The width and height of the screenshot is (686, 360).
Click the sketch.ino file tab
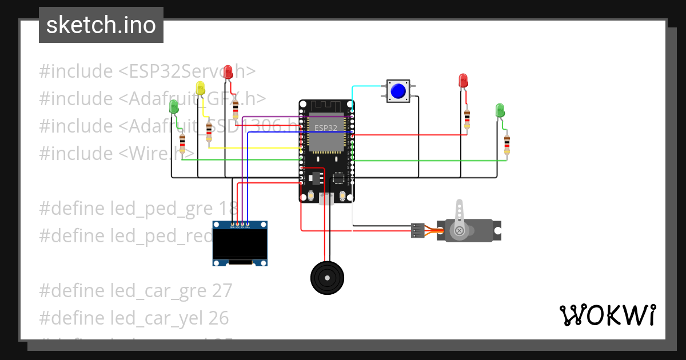(101, 25)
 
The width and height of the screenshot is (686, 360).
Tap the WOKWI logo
(607, 315)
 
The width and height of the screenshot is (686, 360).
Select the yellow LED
(200, 88)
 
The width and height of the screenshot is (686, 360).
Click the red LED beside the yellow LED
(228, 72)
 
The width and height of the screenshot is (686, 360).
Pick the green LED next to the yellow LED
(174, 106)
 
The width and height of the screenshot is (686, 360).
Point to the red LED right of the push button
(464, 81)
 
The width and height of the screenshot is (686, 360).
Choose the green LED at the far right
(500, 110)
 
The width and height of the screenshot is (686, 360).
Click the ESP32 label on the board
(326, 127)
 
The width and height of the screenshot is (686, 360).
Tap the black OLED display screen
(240, 245)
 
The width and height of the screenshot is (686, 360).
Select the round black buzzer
(326, 278)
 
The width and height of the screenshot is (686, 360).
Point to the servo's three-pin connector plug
(417, 230)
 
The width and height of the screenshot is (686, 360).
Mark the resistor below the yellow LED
(209, 131)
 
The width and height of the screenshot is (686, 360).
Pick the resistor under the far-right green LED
(506, 145)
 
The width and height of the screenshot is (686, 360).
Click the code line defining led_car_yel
(134, 318)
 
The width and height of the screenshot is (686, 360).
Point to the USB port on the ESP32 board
(326, 198)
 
